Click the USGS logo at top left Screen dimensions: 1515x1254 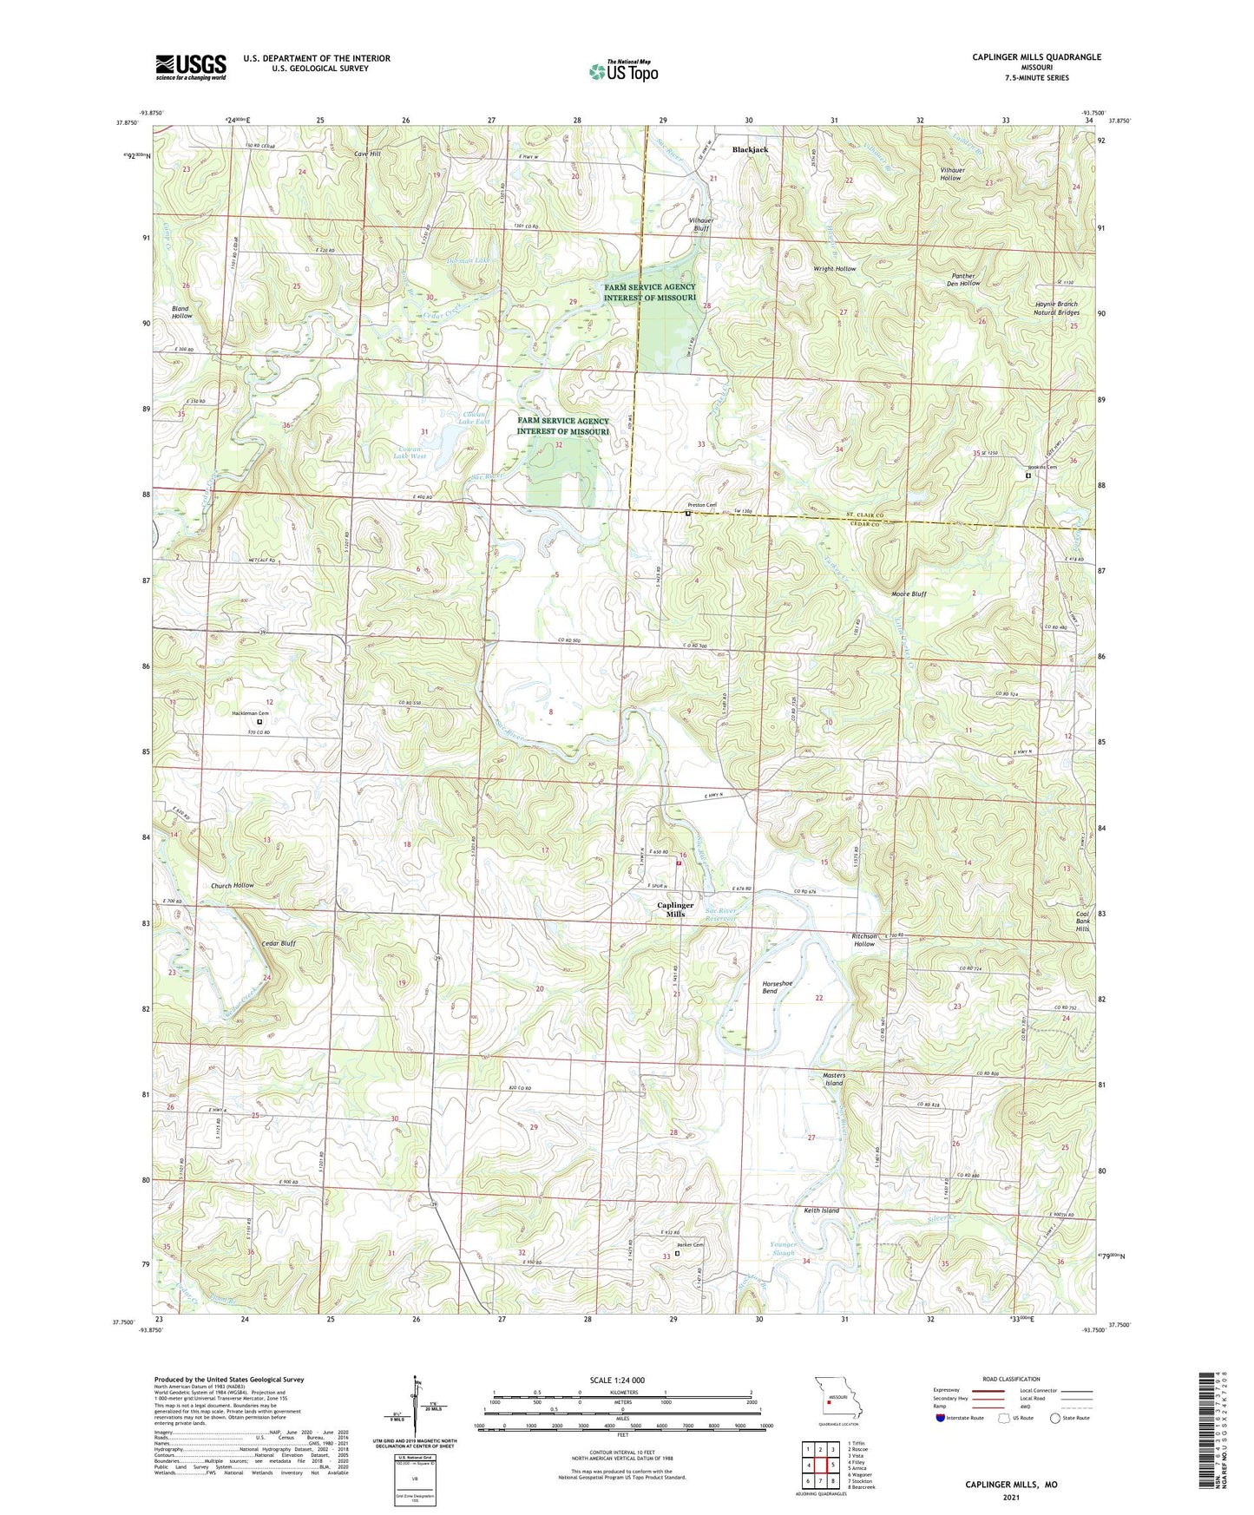190,67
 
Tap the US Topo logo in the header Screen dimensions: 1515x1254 622,72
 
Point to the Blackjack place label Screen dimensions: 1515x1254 750,149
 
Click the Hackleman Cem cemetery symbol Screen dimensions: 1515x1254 259,721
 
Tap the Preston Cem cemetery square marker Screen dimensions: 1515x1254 688,514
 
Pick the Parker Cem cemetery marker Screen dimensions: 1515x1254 678,1252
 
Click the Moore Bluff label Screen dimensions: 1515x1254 909,594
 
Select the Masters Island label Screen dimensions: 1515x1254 833,1079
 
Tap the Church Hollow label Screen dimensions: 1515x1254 233,885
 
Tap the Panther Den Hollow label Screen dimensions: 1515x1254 963,279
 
